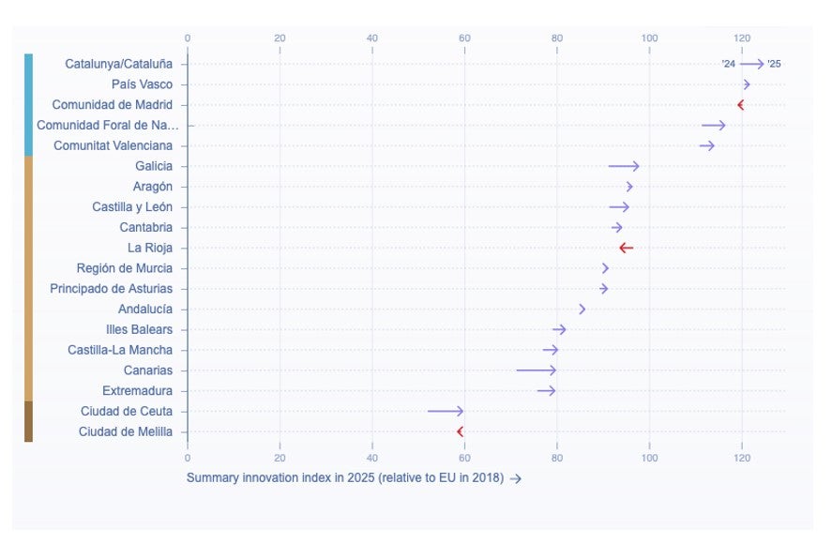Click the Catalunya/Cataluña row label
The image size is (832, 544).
pos(118,64)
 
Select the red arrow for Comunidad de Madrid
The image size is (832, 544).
pos(741,105)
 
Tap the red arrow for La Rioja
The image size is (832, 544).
pos(626,248)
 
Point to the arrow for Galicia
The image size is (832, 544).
pos(624,166)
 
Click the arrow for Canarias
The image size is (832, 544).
pos(537,370)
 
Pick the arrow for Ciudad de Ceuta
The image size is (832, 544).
pos(446,411)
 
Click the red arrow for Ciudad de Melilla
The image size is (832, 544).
pos(461,431)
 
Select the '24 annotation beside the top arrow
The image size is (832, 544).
pos(728,64)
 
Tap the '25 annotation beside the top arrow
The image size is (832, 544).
pos(774,64)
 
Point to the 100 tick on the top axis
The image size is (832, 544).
pos(649,38)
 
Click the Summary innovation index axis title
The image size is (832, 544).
pos(345,478)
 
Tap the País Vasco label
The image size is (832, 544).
pos(142,84)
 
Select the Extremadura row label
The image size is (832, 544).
pos(137,390)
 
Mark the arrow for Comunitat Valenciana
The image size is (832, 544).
pos(707,145)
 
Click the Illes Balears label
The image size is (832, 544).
pos(139,329)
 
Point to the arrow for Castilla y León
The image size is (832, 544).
pos(619,206)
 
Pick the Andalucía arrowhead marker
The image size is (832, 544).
pos(582,309)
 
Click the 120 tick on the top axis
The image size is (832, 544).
pos(742,38)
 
